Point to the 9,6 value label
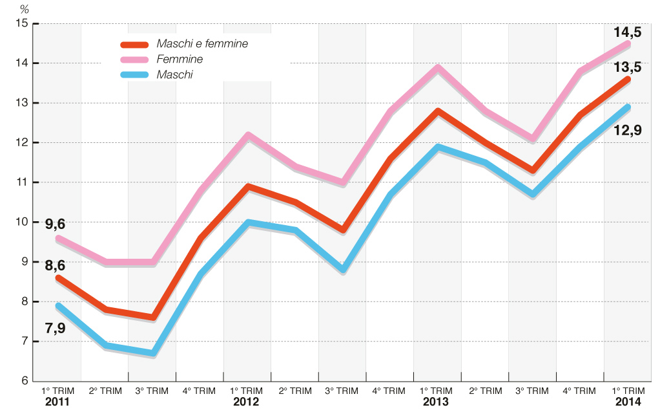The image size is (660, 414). [x=55, y=224]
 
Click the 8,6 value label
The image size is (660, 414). [x=55, y=265]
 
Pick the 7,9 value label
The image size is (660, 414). [x=55, y=327]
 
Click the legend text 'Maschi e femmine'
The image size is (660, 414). [x=202, y=43]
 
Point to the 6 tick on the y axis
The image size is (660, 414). [x=24, y=381]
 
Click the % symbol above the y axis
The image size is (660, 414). [x=25, y=9]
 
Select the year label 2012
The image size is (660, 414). [x=247, y=402]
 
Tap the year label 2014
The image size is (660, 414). [x=627, y=402]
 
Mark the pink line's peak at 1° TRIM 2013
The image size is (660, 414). [x=437, y=67]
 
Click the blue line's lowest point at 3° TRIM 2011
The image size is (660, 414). [x=152, y=353]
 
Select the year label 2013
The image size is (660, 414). [x=437, y=402]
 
